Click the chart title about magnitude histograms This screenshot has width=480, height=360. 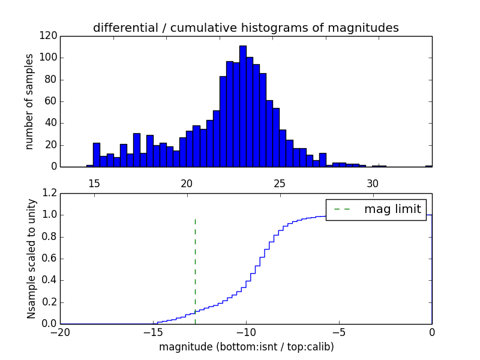coord(245,28)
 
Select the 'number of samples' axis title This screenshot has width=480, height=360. coord(29,101)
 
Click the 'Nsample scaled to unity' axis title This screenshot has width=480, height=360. coord(31,259)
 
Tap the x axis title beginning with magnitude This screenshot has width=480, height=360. coord(246,346)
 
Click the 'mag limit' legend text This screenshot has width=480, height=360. coord(392,209)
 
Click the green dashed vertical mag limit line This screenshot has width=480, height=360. coord(195,270)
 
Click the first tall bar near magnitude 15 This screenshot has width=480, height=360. coord(96,155)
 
